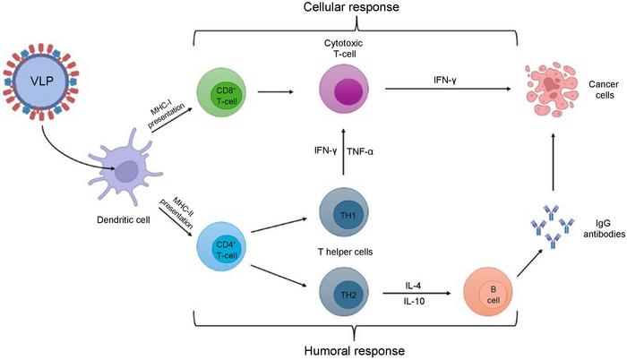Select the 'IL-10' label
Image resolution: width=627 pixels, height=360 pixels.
click(414, 304)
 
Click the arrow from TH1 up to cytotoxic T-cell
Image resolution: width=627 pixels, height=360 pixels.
click(346, 150)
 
